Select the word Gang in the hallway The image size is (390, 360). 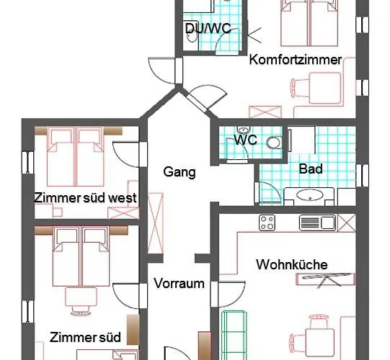pos(180,172)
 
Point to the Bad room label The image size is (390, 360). pos(311,170)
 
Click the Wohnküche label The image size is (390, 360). pos(291,265)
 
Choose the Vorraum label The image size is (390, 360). pos(179,284)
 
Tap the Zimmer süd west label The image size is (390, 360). pos(85,197)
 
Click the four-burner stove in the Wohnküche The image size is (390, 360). pos(269,222)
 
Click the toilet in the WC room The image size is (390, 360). pos(273,143)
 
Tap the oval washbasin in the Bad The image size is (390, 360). pos(311,195)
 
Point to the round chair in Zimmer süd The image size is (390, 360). pos(75,296)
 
